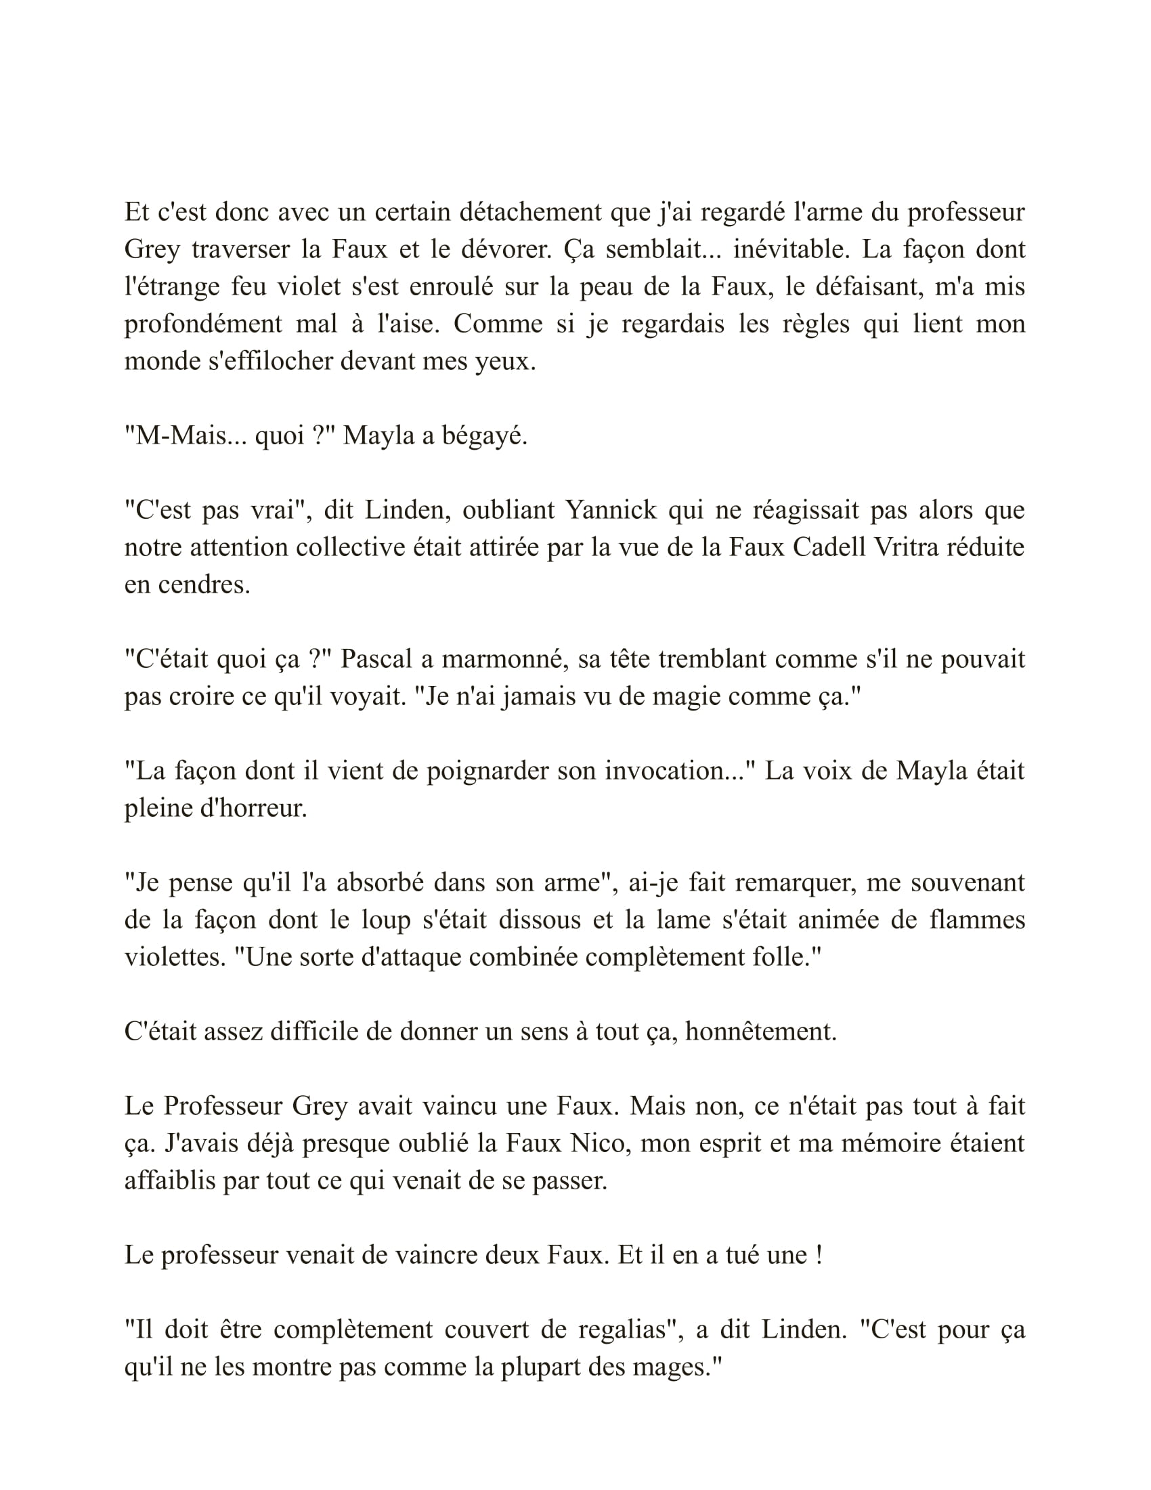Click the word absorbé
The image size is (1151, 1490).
(x=378, y=882)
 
